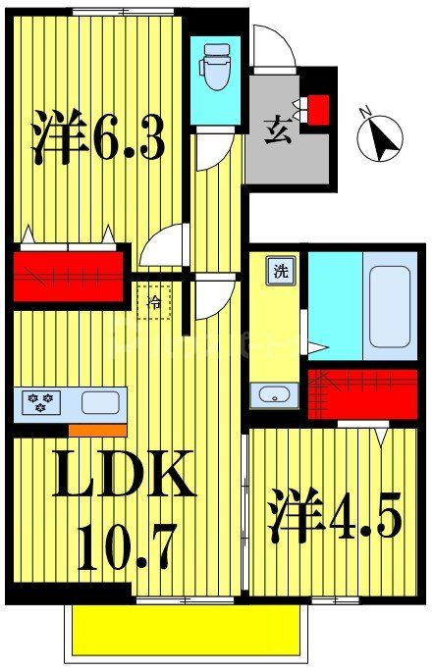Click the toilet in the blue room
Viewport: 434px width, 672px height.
[213, 68]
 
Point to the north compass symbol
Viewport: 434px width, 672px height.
[381, 137]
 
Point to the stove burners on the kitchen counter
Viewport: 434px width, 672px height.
[42, 402]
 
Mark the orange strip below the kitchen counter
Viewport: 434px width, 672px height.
[97, 430]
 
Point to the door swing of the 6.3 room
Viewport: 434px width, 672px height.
[163, 247]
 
